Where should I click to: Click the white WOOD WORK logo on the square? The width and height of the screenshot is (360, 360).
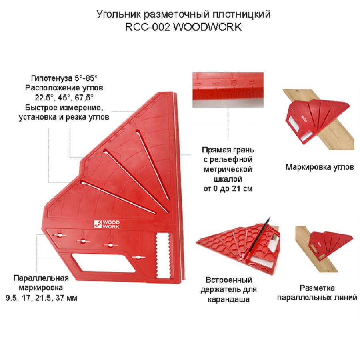(104, 224)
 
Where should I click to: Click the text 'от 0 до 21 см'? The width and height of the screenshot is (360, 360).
(228, 188)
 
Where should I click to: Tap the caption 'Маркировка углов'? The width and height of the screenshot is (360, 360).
(319, 167)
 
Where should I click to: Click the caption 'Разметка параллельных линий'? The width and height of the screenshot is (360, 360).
(322, 293)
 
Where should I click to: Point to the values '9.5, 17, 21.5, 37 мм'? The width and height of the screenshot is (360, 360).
(41, 298)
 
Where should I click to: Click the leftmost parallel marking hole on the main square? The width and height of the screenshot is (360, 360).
(59, 235)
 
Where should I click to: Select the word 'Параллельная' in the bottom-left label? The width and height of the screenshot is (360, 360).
(41, 278)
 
